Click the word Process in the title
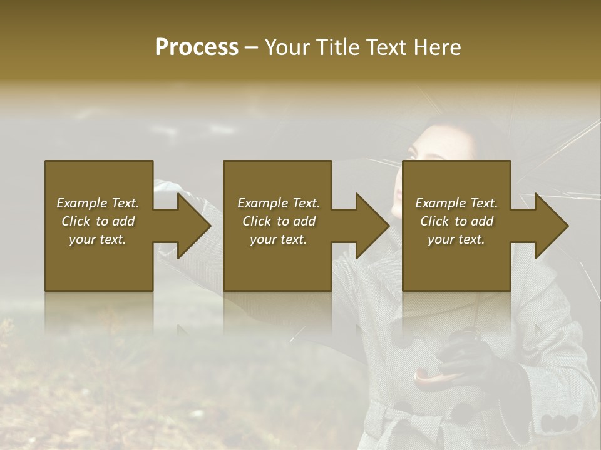click(x=197, y=47)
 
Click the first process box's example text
click(x=98, y=221)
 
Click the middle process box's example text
click(x=278, y=221)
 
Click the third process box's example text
click(x=456, y=221)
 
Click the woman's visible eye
click(x=413, y=152)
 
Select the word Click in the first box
click(x=76, y=221)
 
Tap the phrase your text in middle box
click(x=278, y=239)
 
